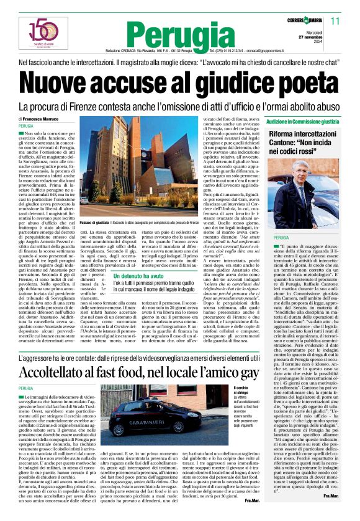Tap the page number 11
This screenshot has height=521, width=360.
(x=335, y=21)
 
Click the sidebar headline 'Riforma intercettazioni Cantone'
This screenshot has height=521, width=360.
(x=303, y=143)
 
